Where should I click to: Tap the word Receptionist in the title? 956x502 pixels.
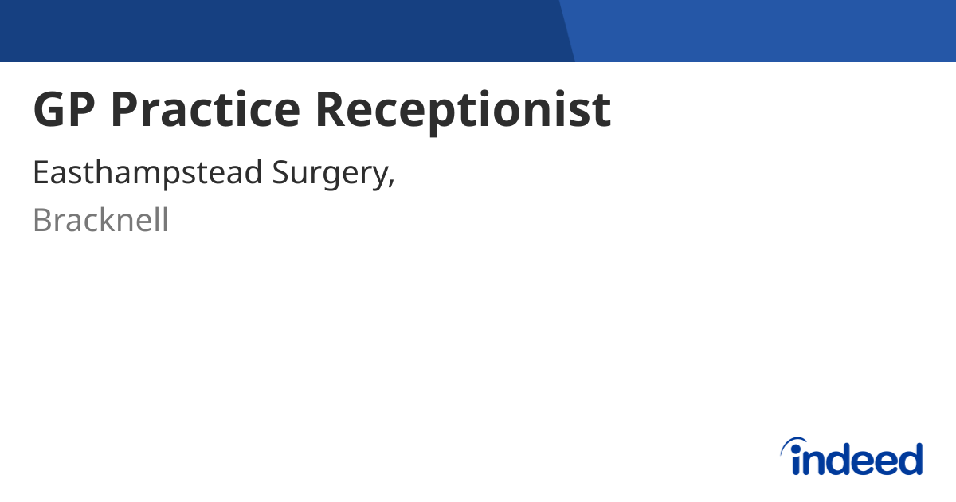click(x=463, y=110)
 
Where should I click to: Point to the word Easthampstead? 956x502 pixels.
click(x=147, y=174)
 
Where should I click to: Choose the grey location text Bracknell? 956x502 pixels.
click(x=100, y=220)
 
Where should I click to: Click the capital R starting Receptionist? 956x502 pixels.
click(x=332, y=110)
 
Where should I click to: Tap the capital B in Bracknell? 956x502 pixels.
click(x=41, y=220)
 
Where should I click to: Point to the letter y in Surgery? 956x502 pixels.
click(x=376, y=178)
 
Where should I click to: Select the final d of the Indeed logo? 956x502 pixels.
click(x=911, y=459)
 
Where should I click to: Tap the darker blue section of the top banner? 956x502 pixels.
click(x=279, y=30)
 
